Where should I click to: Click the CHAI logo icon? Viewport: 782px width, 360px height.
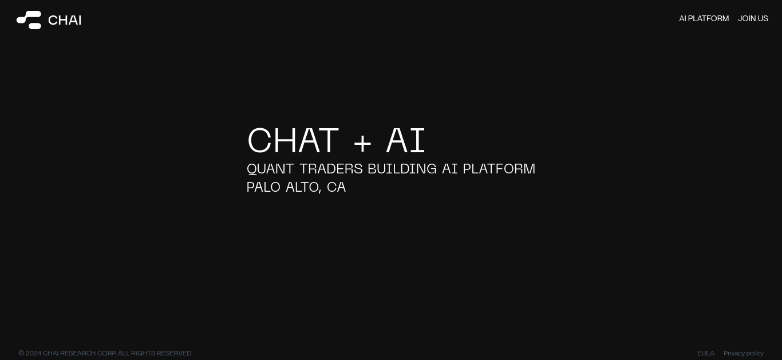[29, 20]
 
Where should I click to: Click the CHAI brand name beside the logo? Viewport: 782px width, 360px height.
[65, 20]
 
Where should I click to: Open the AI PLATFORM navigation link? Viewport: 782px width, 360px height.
[704, 18]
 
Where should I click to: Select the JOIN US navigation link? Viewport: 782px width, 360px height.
[753, 18]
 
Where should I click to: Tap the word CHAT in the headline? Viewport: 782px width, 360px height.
[293, 140]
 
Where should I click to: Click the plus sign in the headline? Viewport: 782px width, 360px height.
[362, 143]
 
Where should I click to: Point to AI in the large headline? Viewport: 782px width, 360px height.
[406, 140]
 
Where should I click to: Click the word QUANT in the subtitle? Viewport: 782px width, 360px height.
[270, 169]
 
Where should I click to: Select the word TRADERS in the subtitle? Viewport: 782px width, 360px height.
[331, 169]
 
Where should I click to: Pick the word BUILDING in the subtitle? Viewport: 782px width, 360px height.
[402, 169]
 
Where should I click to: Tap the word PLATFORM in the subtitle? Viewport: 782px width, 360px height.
[499, 169]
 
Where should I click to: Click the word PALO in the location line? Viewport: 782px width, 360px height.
[263, 187]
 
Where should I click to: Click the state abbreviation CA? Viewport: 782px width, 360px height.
[336, 187]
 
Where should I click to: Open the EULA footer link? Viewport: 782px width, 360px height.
[705, 353]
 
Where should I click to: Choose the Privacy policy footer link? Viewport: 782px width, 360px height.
[743, 353]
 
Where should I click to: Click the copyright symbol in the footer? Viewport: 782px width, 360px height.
[21, 353]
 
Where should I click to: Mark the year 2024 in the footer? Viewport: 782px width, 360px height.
[34, 353]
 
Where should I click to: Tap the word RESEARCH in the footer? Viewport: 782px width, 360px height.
[78, 353]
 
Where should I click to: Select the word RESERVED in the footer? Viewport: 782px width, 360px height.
[174, 353]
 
